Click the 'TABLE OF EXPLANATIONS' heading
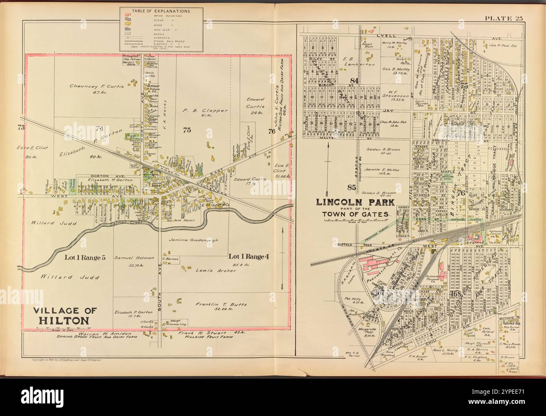pos(162,11)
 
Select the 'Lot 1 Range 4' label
pos(248,256)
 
